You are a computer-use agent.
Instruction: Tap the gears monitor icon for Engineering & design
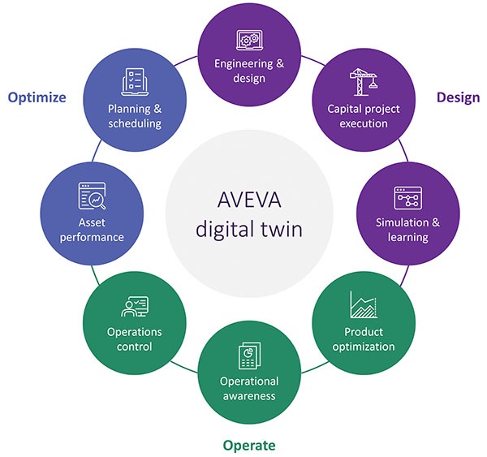(x=248, y=41)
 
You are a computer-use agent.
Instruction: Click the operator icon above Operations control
(x=134, y=307)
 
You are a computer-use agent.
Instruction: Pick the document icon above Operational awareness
(x=248, y=356)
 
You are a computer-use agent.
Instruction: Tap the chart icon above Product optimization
(x=362, y=305)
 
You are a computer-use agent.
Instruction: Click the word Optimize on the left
(x=37, y=97)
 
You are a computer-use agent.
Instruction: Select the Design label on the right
(x=458, y=97)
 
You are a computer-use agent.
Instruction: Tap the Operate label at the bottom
(x=249, y=445)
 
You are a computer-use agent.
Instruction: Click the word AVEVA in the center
(x=248, y=199)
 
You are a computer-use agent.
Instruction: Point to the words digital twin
(x=248, y=229)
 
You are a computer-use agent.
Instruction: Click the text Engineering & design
(x=248, y=71)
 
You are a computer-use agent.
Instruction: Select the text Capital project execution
(x=358, y=115)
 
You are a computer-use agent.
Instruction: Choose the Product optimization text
(x=363, y=339)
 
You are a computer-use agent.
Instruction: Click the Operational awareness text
(x=249, y=388)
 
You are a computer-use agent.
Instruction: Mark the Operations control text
(x=135, y=339)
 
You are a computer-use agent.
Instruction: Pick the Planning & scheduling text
(x=135, y=115)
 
